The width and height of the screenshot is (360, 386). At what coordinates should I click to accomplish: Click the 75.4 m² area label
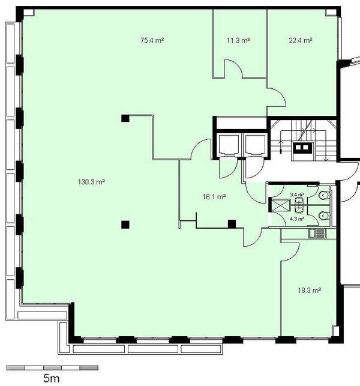[152, 40]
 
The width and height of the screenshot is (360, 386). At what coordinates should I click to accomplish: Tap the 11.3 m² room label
[238, 40]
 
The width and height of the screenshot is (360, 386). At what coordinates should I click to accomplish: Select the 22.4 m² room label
[301, 40]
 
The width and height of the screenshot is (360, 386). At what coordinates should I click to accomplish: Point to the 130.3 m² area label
[92, 182]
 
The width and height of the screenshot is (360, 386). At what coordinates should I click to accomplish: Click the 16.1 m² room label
[214, 197]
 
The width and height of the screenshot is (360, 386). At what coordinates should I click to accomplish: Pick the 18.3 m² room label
[310, 291]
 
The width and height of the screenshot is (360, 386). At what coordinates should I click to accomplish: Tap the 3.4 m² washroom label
[297, 195]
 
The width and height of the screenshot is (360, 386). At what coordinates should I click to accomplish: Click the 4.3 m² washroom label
[297, 219]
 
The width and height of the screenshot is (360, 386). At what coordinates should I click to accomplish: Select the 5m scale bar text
[52, 378]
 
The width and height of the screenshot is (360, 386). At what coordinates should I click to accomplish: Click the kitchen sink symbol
[317, 234]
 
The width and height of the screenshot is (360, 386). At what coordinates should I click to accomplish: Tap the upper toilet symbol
[323, 195]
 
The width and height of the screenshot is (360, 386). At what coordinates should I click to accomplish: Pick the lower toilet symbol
[323, 216]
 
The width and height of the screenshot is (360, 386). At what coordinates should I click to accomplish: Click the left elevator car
[229, 145]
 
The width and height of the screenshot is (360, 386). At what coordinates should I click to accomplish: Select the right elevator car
[255, 145]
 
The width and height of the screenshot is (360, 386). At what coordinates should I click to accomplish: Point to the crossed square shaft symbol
[280, 205]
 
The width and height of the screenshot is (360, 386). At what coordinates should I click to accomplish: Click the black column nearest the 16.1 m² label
[232, 224]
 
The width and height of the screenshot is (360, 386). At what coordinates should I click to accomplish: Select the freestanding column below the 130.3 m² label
[125, 225]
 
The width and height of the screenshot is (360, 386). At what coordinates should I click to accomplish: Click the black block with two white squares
[302, 148]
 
